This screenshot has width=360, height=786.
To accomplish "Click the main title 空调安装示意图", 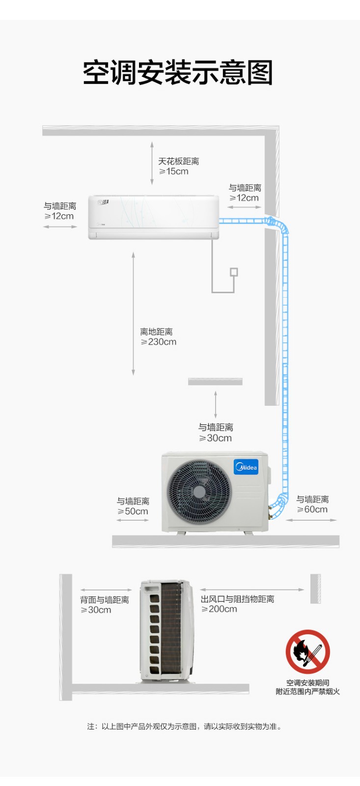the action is [178, 73].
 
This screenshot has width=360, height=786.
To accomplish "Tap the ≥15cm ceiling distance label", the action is [174, 171].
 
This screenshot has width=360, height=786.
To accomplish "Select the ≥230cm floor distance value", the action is [159, 342].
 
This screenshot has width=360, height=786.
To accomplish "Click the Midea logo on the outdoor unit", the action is [246, 467].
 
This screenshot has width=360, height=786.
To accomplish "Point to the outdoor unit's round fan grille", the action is [199, 492].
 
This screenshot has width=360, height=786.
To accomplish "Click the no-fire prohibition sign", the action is [308, 651].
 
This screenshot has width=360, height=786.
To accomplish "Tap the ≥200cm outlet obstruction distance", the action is [220, 609].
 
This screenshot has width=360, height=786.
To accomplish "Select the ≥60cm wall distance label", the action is [312, 509].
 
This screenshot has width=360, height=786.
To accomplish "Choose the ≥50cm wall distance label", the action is [133, 511].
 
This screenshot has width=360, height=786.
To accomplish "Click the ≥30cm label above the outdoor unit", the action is [216, 438].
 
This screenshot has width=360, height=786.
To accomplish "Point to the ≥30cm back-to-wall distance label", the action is [96, 610].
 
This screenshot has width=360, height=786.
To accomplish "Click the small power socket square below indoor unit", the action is [234, 272].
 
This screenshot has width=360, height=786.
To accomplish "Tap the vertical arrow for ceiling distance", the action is [152, 163].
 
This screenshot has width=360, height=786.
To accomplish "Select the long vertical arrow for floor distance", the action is [133, 313].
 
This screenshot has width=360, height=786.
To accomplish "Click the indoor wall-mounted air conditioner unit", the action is [153, 218].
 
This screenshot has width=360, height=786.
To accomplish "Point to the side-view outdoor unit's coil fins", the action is [171, 628].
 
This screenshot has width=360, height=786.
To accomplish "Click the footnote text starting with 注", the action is [185, 727].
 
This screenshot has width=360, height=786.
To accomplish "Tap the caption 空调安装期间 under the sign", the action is [308, 682].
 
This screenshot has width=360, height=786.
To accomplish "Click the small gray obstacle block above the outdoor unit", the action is [215, 381].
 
